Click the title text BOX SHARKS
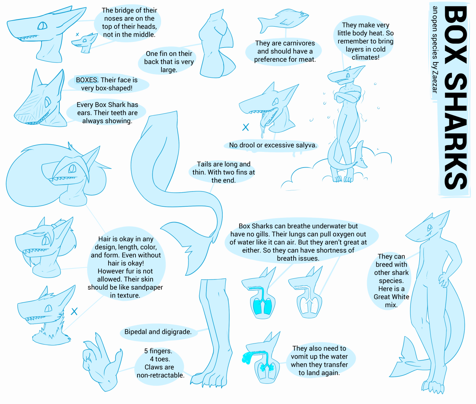(455, 97)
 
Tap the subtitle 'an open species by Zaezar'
(435, 50)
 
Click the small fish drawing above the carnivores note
(283, 20)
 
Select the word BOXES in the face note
(86, 80)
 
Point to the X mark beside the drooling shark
(246, 127)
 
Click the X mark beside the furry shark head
(74, 311)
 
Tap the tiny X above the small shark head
(77, 34)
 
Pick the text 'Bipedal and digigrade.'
(158, 332)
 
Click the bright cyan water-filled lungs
(262, 306)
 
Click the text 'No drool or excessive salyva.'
(273, 145)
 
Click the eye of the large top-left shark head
(42, 26)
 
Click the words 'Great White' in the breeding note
(391, 297)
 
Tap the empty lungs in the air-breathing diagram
(309, 305)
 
